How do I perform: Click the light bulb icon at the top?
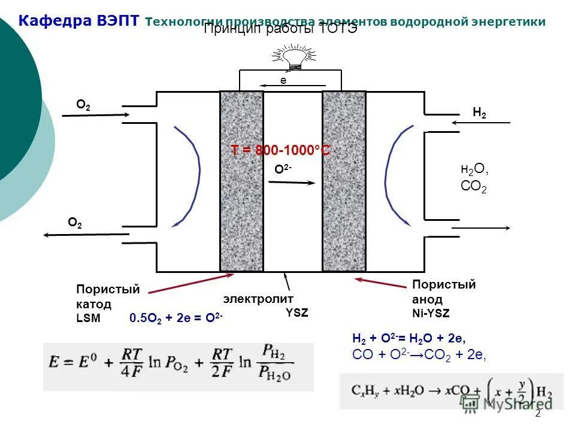[292, 57]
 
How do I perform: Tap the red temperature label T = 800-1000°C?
[280, 150]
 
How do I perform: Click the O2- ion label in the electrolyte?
[283, 169]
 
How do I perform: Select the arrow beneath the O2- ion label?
[290, 182]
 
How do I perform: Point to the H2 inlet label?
[479, 112]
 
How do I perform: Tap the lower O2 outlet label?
[75, 223]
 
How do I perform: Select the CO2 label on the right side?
[473, 187]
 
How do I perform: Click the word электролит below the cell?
[250, 298]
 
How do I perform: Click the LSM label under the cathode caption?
[89, 319]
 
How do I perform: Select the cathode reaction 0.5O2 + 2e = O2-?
[176, 319]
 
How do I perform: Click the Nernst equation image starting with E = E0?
[178, 366]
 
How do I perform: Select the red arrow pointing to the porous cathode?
[190, 284]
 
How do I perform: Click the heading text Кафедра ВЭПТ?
[79, 22]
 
